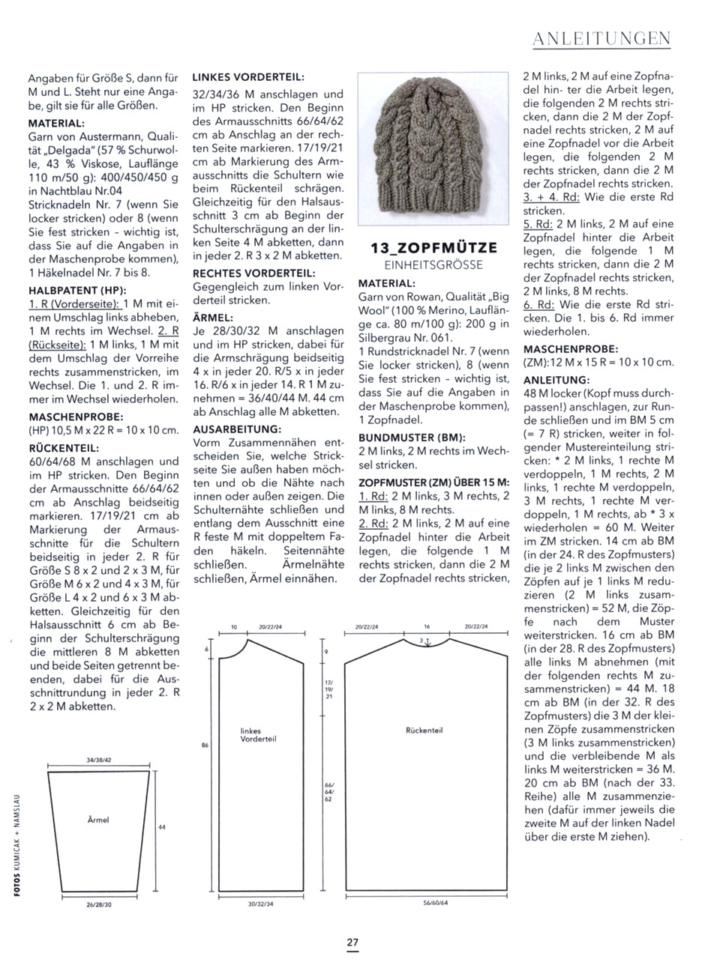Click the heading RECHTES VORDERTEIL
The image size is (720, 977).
tap(254, 273)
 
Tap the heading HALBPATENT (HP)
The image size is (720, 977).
tap(77, 290)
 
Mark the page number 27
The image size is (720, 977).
tap(352, 943)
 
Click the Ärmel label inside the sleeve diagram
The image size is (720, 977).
tap(98, 820)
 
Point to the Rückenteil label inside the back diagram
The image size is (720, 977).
tap(424, 730)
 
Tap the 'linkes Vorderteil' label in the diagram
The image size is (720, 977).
tap(258, 734)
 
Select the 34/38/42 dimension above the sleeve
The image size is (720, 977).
tap(99, 760)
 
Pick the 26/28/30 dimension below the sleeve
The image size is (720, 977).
tap(98, 904)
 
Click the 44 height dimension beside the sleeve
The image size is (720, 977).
tap(162, 826)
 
